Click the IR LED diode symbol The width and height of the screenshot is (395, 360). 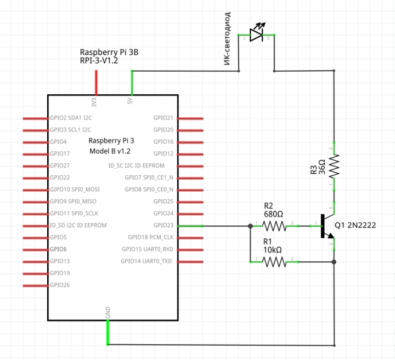click(x=257, y=35)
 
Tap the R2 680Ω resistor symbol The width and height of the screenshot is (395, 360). click(x=274, y=226)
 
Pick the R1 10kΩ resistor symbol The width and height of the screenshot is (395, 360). click(x=274, y=262)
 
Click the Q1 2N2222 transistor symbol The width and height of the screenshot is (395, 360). click(x=326, y=226)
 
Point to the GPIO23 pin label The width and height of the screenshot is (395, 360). click(x=163, y=225)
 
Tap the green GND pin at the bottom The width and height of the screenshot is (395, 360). click(x=108, y=332)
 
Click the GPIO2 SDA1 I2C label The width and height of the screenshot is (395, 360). click(x=71, y=118)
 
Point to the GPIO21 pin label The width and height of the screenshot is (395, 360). click(x=163, y=118)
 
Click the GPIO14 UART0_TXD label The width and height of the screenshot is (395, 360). click(x=146, y=261)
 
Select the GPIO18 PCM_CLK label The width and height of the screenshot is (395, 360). click(x=150, y=237)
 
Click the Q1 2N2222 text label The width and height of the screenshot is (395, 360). click(x=355, y=225)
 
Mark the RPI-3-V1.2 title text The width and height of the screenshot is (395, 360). click(x=106, y=61)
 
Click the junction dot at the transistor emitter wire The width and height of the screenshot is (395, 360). click(x=334, y=262)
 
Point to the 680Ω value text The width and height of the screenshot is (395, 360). click(x=273, y=214)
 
